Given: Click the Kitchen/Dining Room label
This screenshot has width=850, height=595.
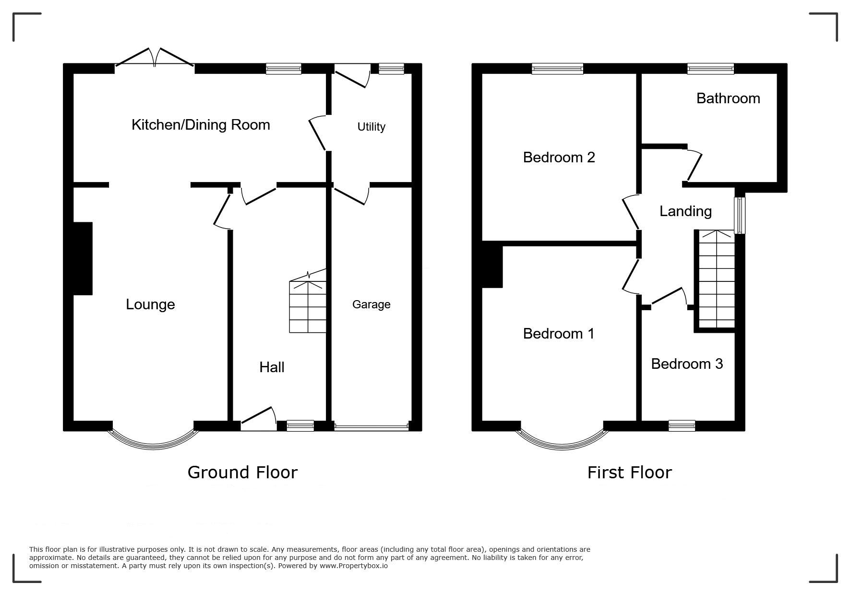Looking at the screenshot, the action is (x=201, y=125).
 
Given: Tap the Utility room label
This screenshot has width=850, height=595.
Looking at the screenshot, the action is (x=371, y=127).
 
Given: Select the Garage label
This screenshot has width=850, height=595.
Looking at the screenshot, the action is (x=371, y=304).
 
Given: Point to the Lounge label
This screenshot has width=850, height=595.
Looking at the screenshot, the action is (x=150, y=304).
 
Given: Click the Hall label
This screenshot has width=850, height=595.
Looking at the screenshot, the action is (x=272, y=367).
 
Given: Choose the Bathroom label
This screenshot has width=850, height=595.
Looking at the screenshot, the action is (x=728, y=98).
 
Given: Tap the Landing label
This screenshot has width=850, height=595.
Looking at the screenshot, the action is (x=685, y=211).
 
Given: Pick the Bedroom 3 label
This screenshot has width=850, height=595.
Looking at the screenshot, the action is (x=687, y=364).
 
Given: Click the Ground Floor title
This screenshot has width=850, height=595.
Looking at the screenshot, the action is (x=242, y=473).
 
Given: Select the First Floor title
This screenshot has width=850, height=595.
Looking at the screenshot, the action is (x=629, y=473).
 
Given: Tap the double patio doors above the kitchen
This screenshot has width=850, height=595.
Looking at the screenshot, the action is (x=155, y=57).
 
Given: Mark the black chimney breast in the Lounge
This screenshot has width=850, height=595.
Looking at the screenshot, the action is (x=83, y=258).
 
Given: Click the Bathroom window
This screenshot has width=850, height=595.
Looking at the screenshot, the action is (x=710, y=69).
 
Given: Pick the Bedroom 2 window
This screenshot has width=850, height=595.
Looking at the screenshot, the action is (x=557, y=69).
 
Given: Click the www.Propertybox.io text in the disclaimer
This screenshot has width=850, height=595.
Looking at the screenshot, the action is (x=354, y=566).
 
